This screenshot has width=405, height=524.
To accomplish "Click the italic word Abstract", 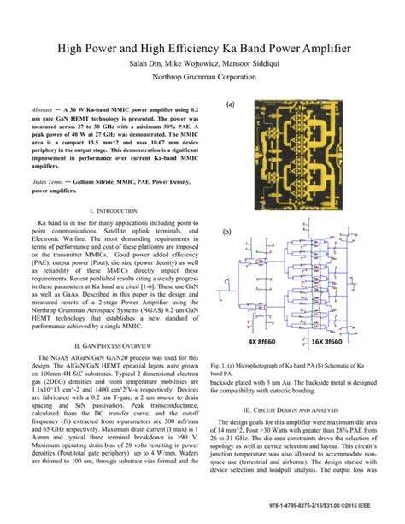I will [43, 112].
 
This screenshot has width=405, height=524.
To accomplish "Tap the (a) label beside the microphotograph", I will [230, 107].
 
